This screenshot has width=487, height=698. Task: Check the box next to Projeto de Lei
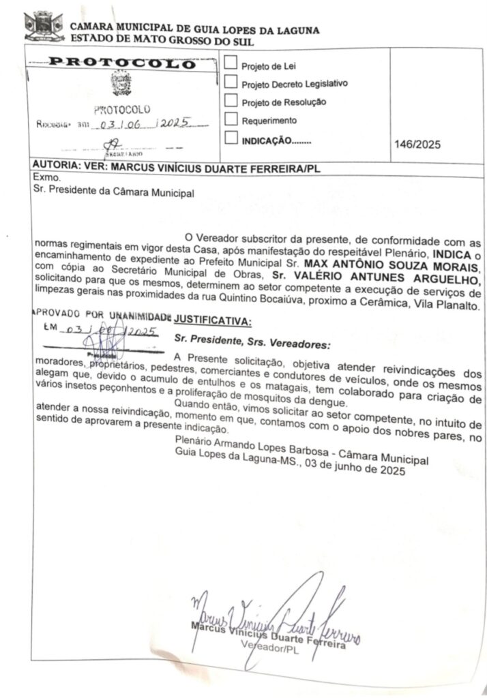(x=231, y=63)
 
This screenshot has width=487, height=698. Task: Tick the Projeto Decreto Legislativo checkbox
(x=231, y=82)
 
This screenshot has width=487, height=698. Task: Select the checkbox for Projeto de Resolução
(x=231, y=102)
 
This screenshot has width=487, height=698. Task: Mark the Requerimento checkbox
(x=231, y=120)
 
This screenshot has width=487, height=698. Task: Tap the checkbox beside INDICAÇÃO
(x=231, y=139)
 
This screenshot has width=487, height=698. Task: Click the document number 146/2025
(x=417, y=144)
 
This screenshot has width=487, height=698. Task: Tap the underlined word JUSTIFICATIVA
(x=212, y=320)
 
